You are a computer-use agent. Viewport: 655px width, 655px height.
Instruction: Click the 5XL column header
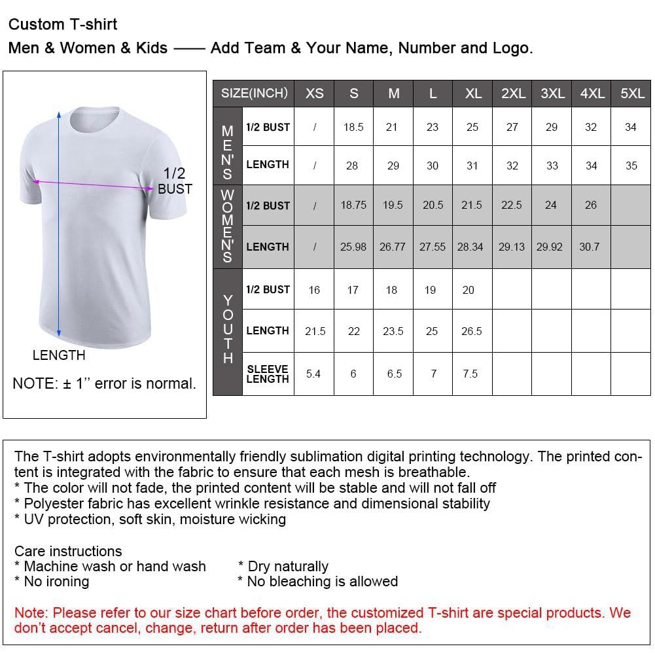632,94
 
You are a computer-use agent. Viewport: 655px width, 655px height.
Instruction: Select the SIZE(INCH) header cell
254,94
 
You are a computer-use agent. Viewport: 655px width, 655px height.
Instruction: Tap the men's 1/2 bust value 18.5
353,127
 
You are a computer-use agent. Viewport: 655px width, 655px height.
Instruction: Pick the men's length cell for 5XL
631,166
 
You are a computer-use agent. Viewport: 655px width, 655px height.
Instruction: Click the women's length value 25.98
353,247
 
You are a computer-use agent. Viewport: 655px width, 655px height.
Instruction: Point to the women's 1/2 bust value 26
591,205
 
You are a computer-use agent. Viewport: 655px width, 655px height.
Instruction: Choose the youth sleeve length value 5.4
313,374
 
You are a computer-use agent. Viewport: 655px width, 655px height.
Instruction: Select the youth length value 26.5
471,331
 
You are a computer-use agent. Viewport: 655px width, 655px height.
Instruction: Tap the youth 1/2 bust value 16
314,290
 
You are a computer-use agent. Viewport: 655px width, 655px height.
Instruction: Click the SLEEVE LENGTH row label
268,374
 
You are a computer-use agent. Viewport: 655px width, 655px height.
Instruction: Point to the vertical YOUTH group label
228,330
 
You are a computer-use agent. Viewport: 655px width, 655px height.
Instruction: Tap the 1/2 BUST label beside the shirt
175,181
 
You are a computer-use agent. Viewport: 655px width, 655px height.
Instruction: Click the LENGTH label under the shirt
59,355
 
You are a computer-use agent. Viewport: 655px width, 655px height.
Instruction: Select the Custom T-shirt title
63,25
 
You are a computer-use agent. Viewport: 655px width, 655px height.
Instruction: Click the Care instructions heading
68,551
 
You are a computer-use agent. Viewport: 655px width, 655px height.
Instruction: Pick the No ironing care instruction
52,581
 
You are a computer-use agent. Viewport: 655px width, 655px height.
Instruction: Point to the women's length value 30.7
589,247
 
